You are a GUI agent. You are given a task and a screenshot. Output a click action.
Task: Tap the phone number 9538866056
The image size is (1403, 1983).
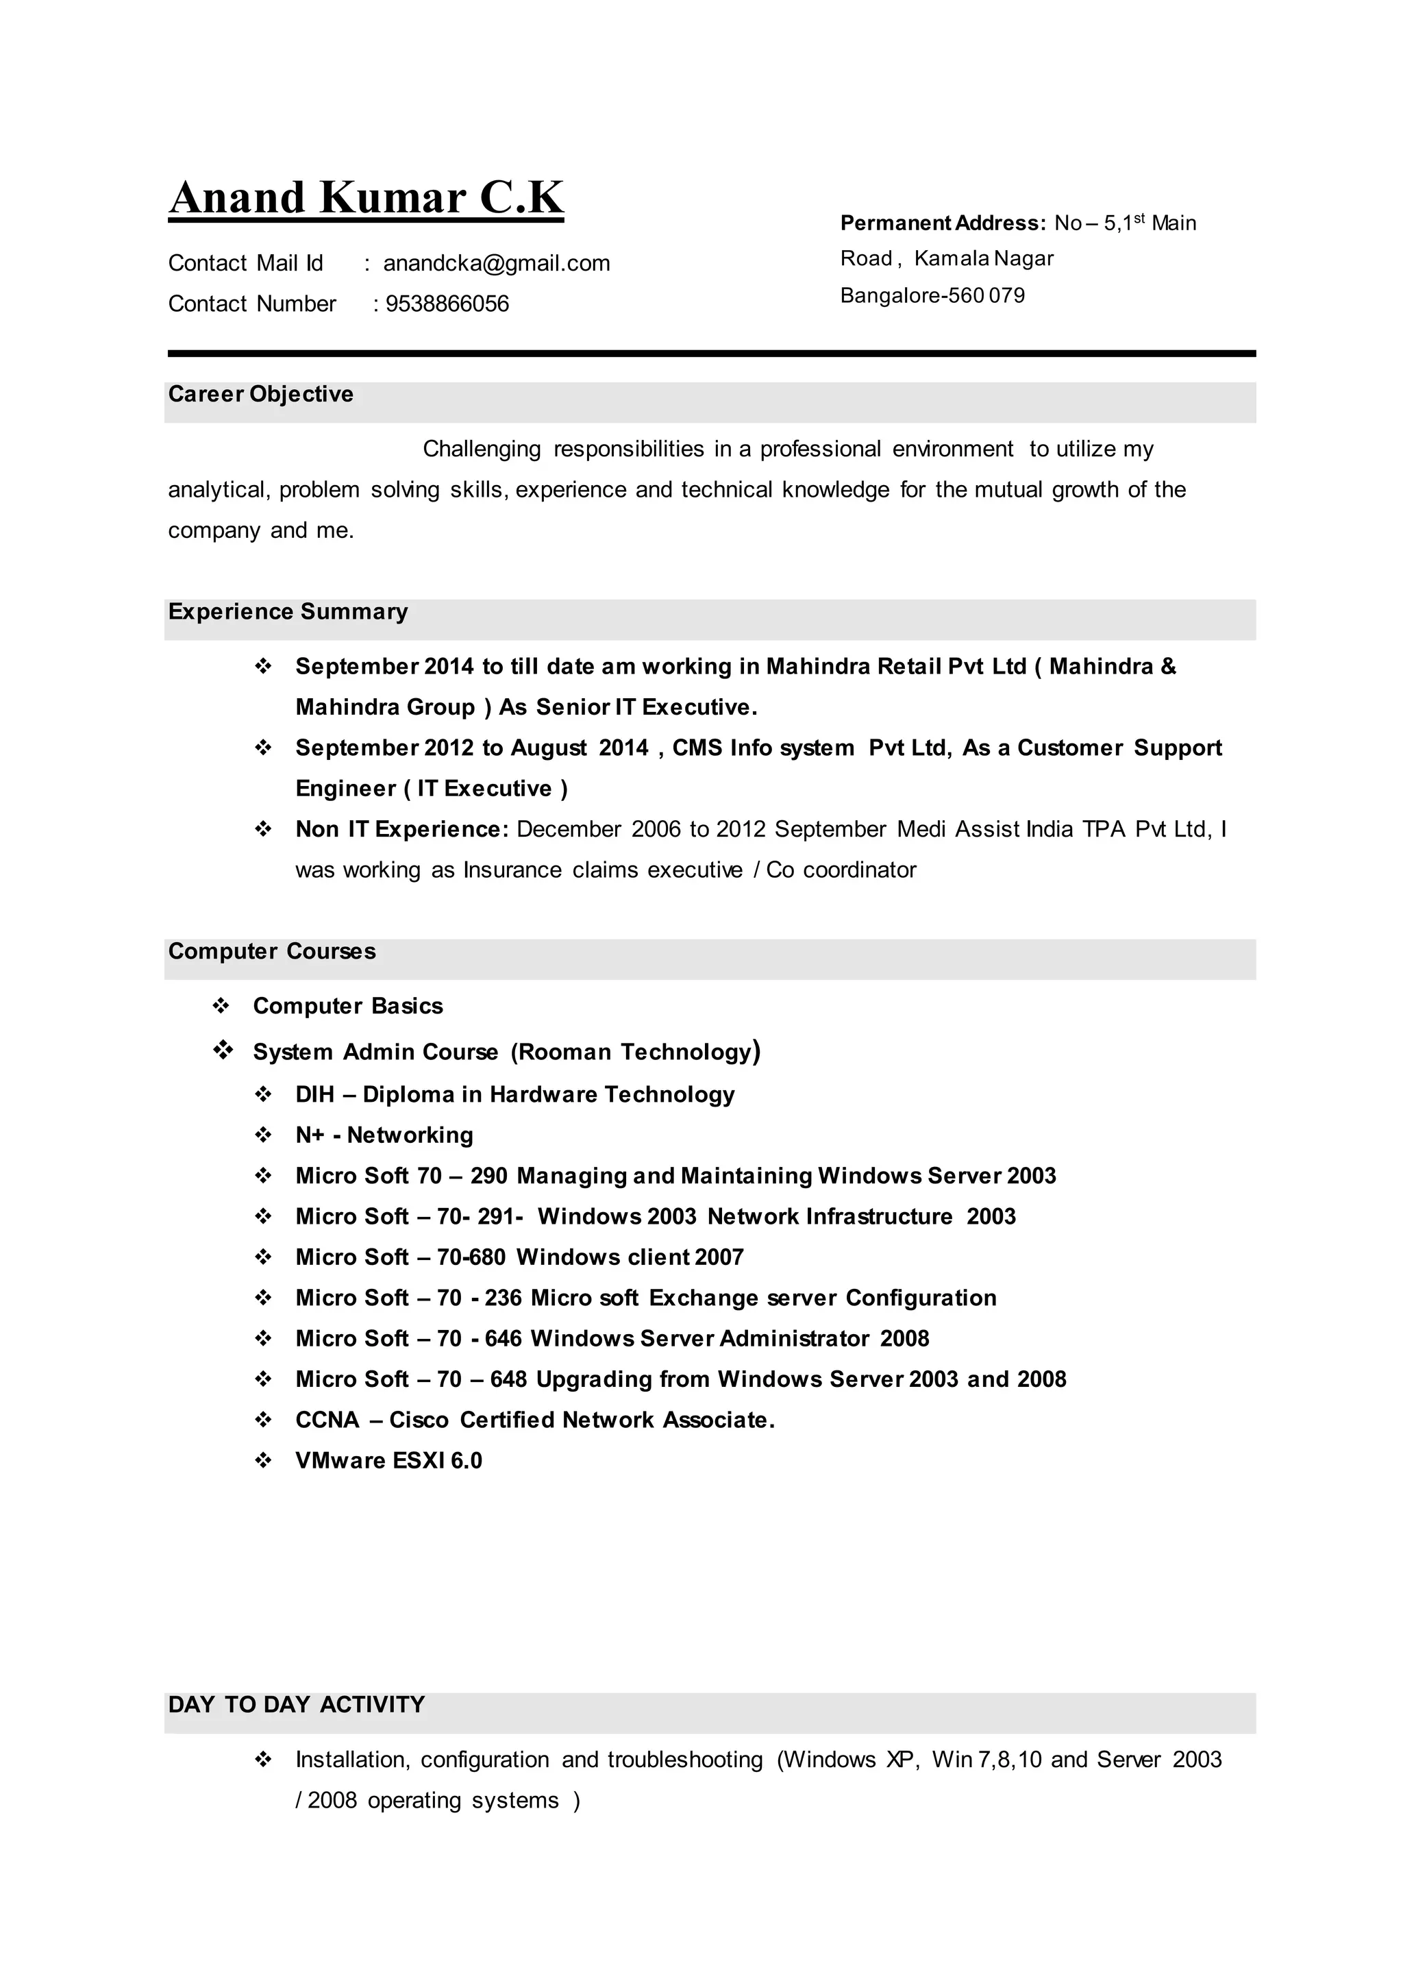(447, 304)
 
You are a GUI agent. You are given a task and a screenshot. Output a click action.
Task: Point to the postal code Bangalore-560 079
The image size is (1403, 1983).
(932, 295)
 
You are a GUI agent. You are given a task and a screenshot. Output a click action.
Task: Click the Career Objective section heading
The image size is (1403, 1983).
(261, 394)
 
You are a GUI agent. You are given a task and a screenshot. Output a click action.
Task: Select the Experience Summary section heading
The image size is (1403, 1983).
(288, 612)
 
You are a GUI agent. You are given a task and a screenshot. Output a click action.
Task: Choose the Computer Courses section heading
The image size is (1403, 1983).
(272, 951)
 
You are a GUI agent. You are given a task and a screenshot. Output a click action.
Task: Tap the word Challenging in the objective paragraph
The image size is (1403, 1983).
(481, 449)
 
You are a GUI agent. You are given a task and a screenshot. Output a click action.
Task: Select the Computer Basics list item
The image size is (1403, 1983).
(347, 1006)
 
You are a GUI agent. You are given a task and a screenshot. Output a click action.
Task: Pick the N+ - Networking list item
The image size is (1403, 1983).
(384, 1135)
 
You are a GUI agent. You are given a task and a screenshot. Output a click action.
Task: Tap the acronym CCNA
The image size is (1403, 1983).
(327, 1420)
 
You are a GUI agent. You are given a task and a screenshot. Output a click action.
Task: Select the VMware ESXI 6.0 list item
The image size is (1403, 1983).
(388, 1460)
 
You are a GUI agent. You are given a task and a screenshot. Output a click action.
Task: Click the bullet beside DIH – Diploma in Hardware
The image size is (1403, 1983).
(264, 1095)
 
